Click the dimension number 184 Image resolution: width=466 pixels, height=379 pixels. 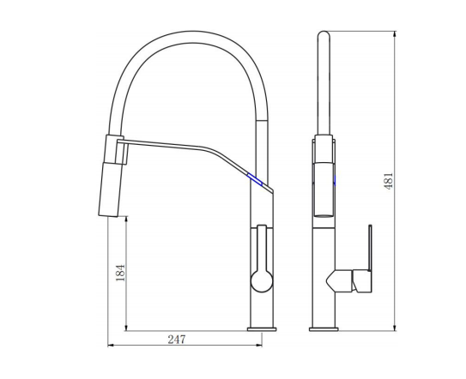pos(119,273)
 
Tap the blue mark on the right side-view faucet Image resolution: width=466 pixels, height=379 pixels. pos(332,180)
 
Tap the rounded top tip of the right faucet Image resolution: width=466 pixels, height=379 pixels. pos(324,35)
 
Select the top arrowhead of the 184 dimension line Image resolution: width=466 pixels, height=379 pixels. pos(127,218)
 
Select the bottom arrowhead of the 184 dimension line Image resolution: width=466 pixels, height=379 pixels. pos(127,328)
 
